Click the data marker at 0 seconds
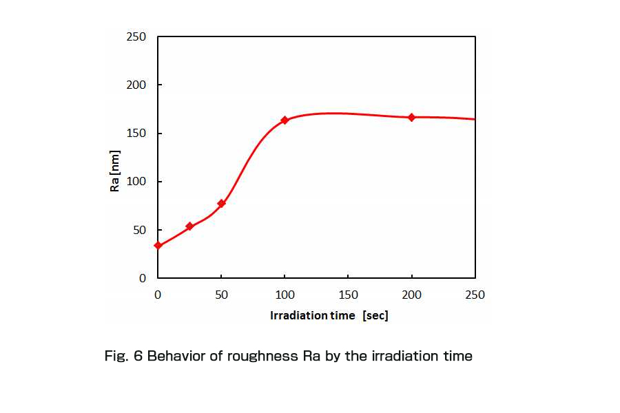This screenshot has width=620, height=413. click(x=158, y=245)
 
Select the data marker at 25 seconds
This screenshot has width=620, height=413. click(x=189, y=226)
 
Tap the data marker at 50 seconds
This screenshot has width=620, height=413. click(x=221, y=203)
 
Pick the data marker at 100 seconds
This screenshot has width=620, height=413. click(x=285, y=120)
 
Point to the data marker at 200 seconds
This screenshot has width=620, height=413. click(x=411, y=117)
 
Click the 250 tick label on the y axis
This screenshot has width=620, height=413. click(x=136, y=36)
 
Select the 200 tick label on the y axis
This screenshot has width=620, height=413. click(x=136, y=85)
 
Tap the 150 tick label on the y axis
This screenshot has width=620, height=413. click(x=136, y=134)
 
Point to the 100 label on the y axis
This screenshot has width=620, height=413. click(x=136, y=182)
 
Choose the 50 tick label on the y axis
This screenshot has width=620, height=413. click(x=139, y=230)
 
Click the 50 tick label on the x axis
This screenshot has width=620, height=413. click(x=221, y=295)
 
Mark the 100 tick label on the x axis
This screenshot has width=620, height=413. click(x=285, y=295)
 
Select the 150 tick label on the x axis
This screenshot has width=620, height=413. click(x=348, y=295)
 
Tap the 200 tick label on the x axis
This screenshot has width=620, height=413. click(x=411, y=295)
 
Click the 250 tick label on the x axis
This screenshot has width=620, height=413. click(x=475, y=295)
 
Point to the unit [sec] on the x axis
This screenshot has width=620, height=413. click(x=375, y=315)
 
